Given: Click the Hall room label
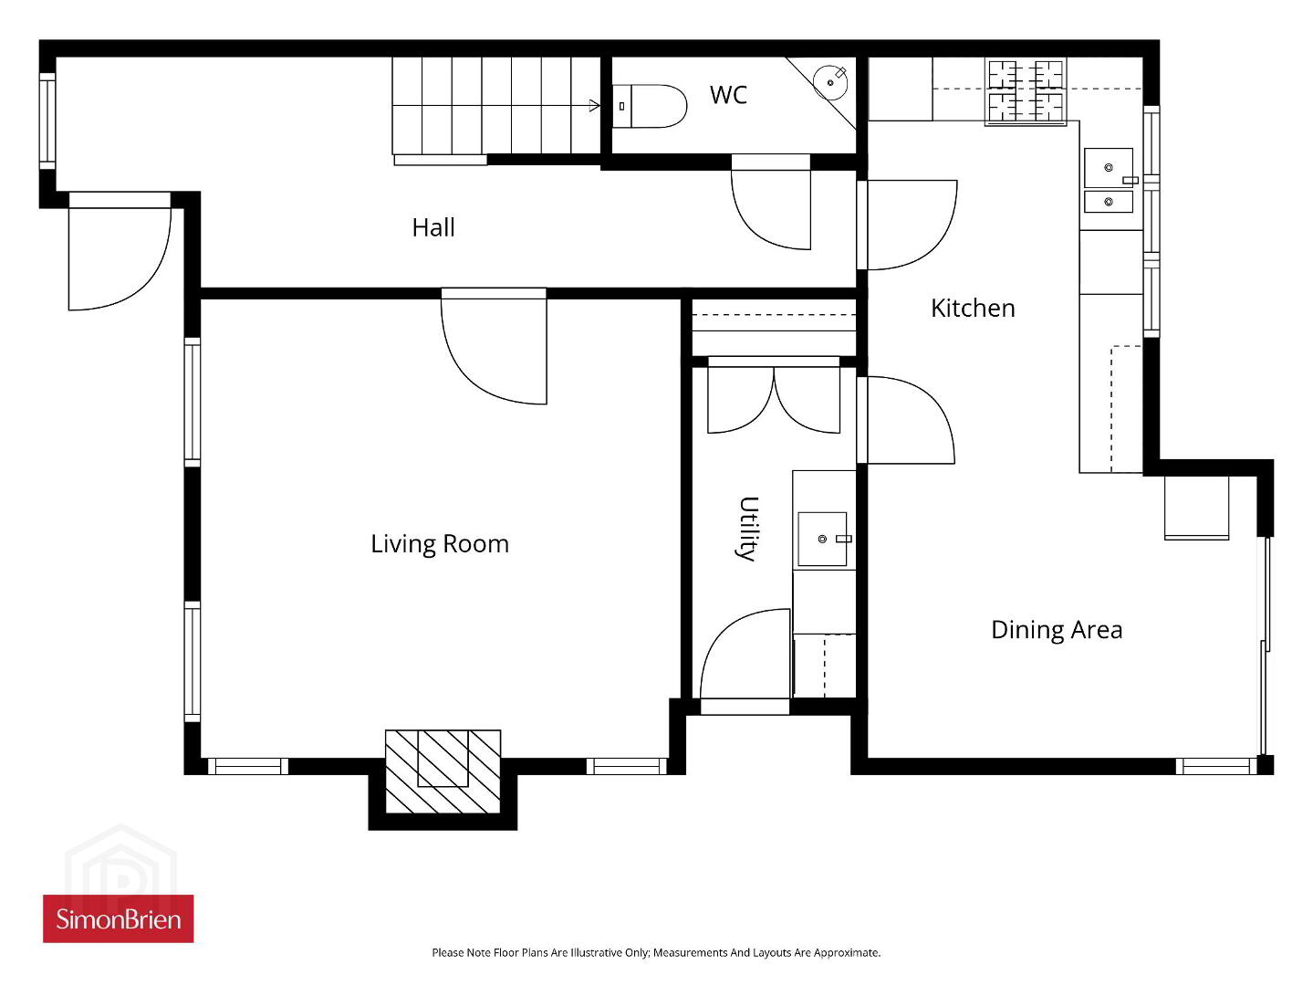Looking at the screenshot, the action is [433, 227].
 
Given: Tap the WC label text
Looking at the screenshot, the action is [728, 95].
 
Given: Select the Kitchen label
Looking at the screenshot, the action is [973, 309].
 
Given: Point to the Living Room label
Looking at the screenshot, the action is [440, 544].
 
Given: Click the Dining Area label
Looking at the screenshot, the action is [1057, 630].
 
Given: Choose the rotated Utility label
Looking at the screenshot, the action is [747, 529].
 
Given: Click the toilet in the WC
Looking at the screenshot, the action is [649, 106].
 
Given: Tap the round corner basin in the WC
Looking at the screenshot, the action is [830, 82].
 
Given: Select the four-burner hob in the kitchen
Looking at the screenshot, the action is [1026, 91].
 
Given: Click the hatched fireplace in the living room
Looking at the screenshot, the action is [443, 771].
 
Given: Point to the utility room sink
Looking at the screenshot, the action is [822, 539].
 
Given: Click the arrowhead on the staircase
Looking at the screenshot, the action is [595, 106].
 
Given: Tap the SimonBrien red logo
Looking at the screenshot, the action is [118, 918].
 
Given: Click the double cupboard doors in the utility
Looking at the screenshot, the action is [774, 399].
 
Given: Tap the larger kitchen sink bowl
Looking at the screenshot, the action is [1109, 168].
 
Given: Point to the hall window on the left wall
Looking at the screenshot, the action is [47, 121].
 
